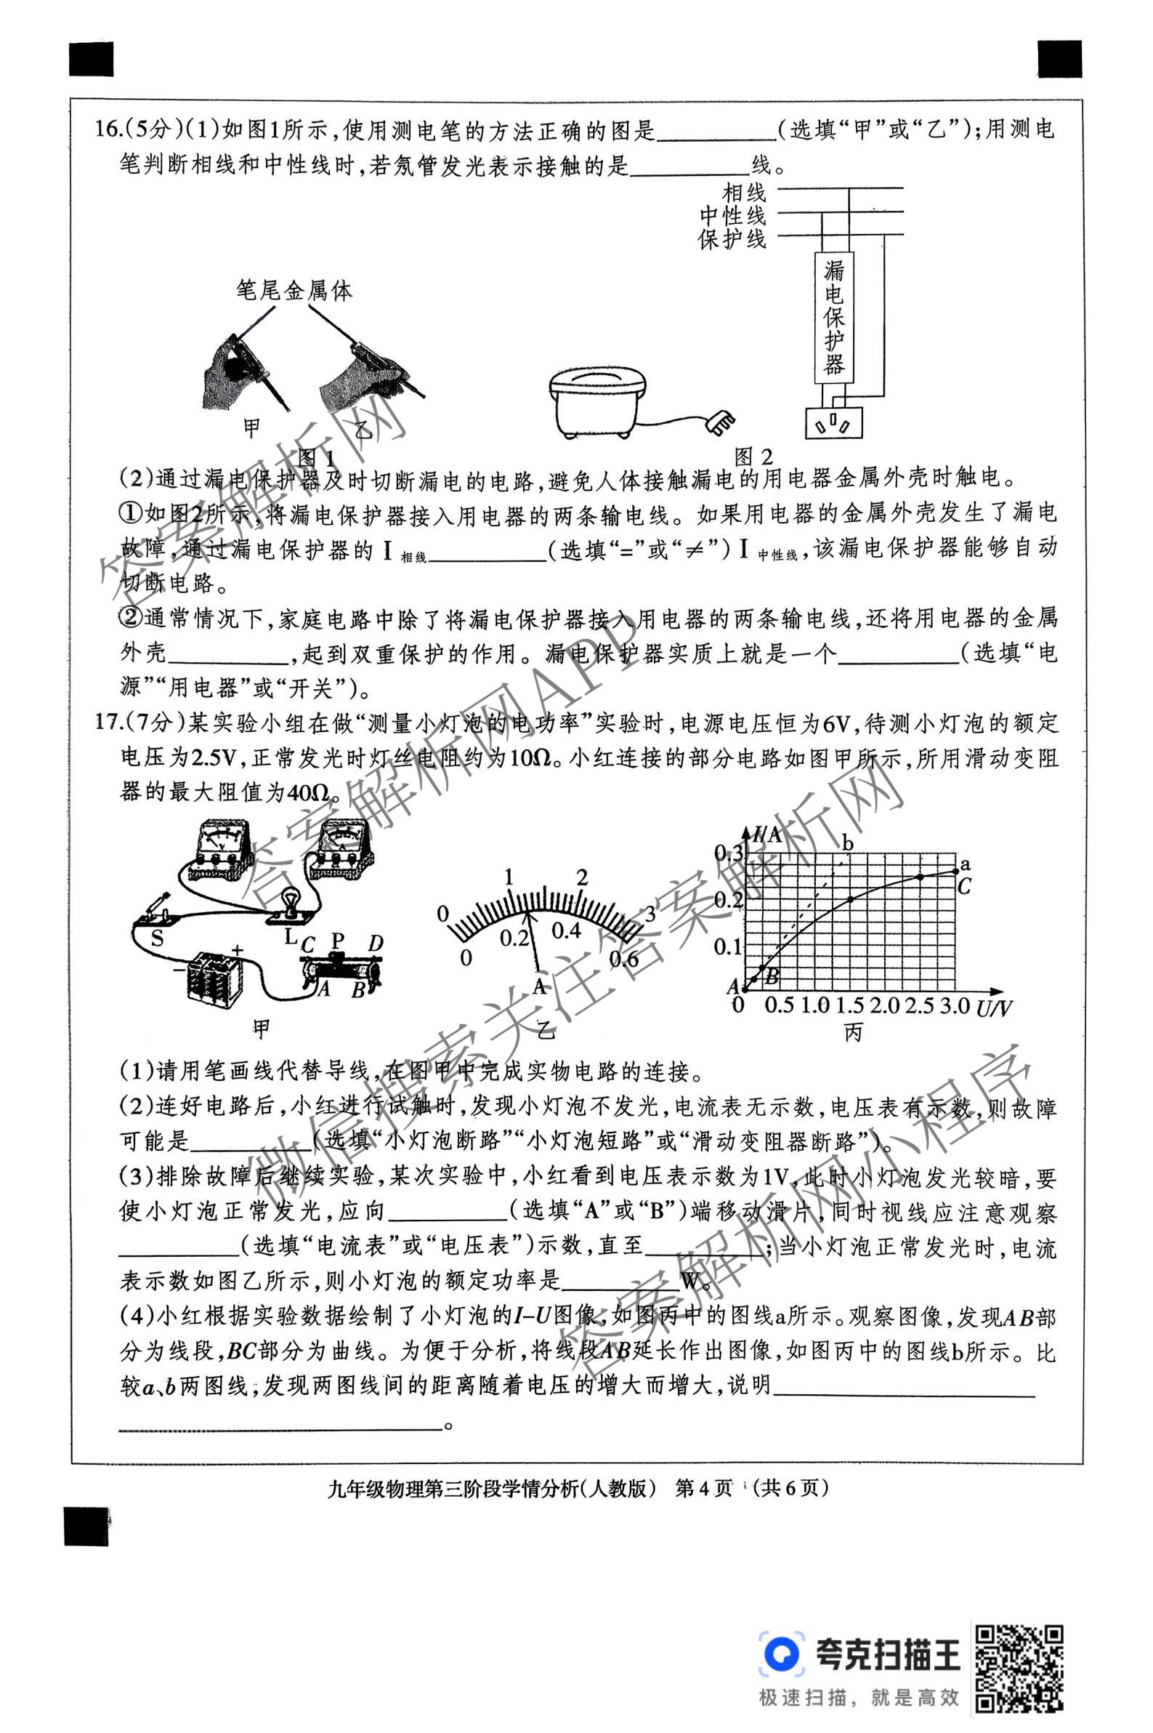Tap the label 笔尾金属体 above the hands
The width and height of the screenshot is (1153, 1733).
coord(294,291)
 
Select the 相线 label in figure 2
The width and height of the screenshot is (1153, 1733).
coord(743,193)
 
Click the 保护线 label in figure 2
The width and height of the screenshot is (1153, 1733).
coord(732,239)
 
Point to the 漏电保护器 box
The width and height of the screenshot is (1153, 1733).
coord(833,318)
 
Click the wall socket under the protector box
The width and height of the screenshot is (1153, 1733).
coord(833,424)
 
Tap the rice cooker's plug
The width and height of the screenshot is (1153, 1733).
coord(719,423)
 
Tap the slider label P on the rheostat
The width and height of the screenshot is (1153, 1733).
coord(338,941)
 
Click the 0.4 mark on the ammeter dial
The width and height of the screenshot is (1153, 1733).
coord(565,931)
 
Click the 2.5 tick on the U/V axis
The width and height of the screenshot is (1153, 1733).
coord(918,1005)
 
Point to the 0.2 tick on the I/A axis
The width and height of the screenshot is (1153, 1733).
coord(729,899)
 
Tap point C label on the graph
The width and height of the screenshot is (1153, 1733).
coord(964,886)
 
